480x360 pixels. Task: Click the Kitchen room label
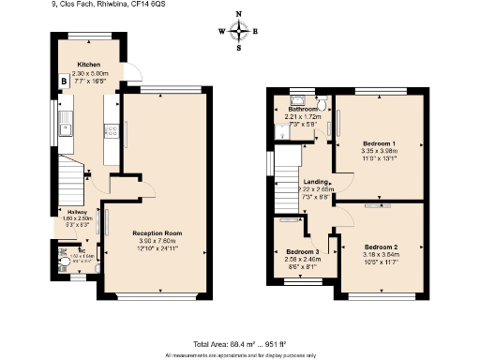pos(88,66)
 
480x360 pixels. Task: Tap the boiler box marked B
pos(63,82)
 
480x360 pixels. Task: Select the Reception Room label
pos(157,232)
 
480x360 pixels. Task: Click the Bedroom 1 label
pos(379,143)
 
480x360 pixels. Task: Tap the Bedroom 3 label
pos(302,252)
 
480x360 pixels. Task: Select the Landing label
pos(312,182)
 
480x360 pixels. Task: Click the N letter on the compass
pos(240,14)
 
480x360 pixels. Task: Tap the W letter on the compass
pos(221,31)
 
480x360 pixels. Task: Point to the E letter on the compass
pos(258,31)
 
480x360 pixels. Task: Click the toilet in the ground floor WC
pos(62,252)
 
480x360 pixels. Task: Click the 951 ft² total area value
pos(277,344)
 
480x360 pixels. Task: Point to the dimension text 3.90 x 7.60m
pos(157,240)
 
